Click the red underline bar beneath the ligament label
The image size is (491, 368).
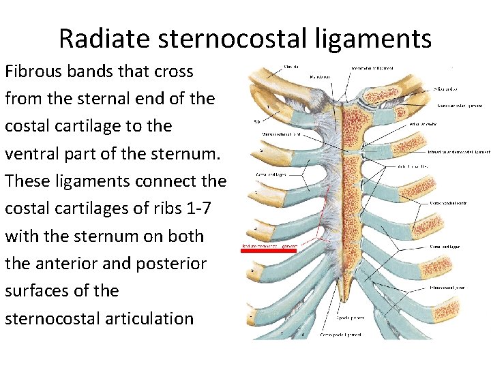(269, 251)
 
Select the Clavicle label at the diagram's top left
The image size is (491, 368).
(292, 67)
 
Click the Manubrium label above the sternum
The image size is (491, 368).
(316, 77)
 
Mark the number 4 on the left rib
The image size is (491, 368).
(255, 228)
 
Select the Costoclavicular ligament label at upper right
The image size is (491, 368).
(460, 106)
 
